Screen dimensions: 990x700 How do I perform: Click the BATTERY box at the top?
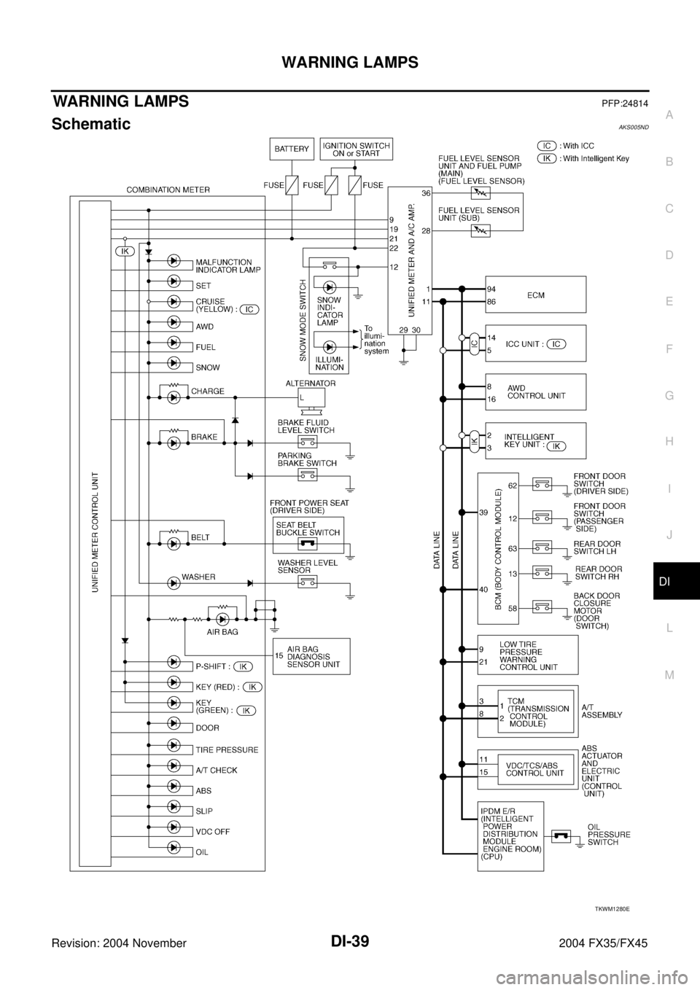(x=292, y=149)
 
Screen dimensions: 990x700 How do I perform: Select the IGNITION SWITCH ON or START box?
(x=357, y=149)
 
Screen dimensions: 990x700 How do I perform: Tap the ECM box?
(x=536, y=295)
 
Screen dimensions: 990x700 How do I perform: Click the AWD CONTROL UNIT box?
(x=536, y=393)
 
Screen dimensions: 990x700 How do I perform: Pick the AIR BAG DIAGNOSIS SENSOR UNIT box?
(x=311, y=656)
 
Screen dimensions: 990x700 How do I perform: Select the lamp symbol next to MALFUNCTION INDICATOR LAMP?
(x=174, y=260)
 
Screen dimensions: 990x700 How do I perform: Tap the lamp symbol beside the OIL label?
(x=174, y=847)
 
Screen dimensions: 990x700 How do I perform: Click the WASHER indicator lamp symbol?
(x=174, y=583)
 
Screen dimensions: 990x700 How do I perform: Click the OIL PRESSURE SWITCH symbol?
(x=561, y=836)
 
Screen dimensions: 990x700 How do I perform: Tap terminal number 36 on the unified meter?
(x=425, y=193)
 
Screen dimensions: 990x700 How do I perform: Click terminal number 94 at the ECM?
(x=492, y=288)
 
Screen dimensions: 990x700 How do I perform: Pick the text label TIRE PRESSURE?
(x=226, y=749)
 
